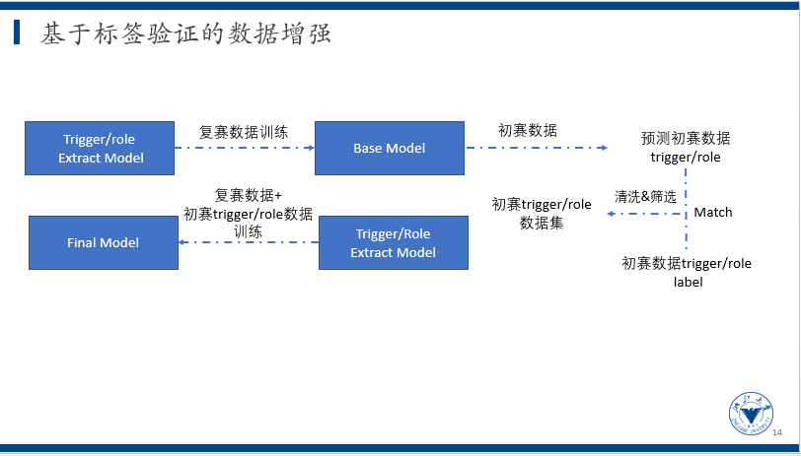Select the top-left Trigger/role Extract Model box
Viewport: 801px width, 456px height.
pyautogui.click(x=101, y=148)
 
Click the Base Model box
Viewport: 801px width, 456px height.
pyautogui.click(x=389, y=148)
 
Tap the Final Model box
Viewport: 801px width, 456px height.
pyautogui.click(x=103, y=242)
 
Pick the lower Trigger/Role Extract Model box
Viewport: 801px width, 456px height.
pyautogui.click(x=393, y=242)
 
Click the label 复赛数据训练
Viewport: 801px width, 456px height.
pyautogui.click(x=244, y=131)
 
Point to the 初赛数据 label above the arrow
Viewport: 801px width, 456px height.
pyautogui.click(x=527, y=130)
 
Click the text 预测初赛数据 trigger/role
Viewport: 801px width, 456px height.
pyautogui.click(x=686, y=147)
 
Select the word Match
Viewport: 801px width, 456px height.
pyautogui.click(x=713, y=212)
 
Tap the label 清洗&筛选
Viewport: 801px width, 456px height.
pyautogui.click(x=645, y=196)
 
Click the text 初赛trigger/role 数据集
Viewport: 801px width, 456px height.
pyautogui.click(x=542, y=213)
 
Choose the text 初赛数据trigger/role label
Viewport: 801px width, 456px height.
pyautogui.click(x=686, y=272)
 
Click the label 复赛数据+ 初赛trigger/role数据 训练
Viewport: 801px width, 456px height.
pyautogui.click(x=248, y=213)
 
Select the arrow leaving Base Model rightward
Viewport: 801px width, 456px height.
pyautogui.click(x=537, y=148)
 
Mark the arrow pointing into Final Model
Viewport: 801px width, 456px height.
pyautogui.click(x=248, y=242)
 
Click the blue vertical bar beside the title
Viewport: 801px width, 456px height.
pyautogui.click(x=17, y=34)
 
